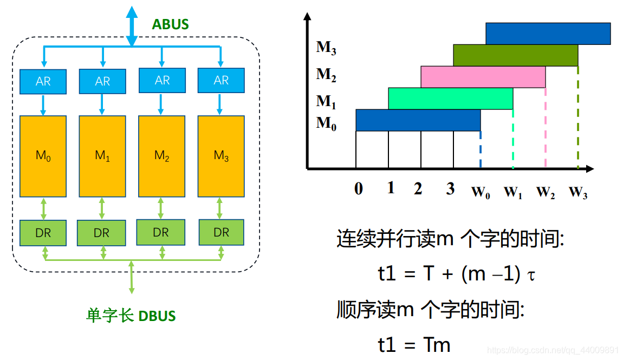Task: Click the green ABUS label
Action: click(x=170, y=24)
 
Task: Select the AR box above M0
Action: click(x=43, y=81)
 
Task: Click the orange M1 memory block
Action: click(x=102, y=156)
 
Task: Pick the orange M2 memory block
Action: click(x=161, y=156)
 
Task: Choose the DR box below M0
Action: click(x=43, y=233)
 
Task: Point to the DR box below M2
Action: click(x=161, y=232)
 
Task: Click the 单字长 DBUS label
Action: click(x=131, y=316)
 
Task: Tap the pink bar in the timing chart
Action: click(x=483, y=77)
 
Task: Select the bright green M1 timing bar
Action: click(x=450, y=99)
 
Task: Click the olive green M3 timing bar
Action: click(x=515, y=55)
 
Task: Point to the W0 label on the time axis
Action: click(x=481, y=192)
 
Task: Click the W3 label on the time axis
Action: click(x=578, y=192)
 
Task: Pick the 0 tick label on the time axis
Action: click(x=358, y=189)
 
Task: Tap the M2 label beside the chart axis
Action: click(x=326, y=74)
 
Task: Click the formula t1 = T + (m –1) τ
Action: click(x=457, y=274)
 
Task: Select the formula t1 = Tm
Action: click(x=414, y=344)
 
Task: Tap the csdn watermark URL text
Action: click(x=553, y=350)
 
